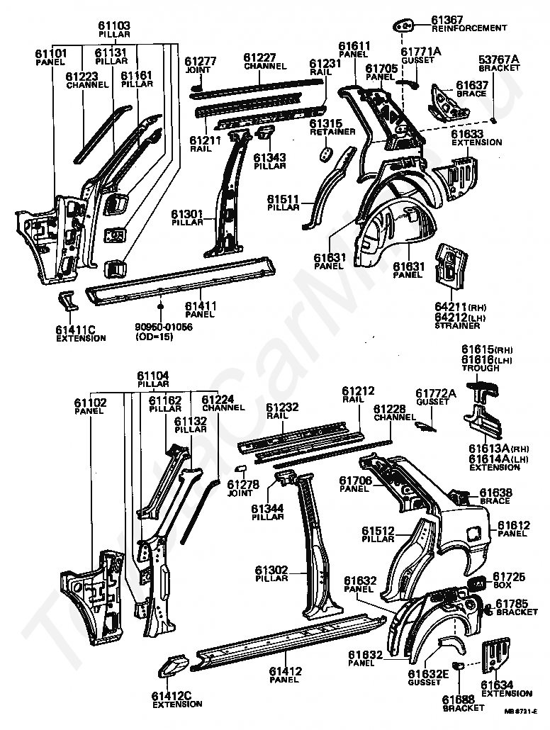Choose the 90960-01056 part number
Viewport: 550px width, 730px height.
point(164,327)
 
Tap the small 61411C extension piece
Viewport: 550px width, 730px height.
point(69,301)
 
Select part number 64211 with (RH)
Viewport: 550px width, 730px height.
point(461,307)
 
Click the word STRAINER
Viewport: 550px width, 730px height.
point(455,325)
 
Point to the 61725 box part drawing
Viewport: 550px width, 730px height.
point(477,583)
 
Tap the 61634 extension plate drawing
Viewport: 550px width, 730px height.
point(495,656)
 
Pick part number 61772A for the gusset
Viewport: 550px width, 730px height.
point(435,393)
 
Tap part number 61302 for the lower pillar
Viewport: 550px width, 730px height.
point(271,569)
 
